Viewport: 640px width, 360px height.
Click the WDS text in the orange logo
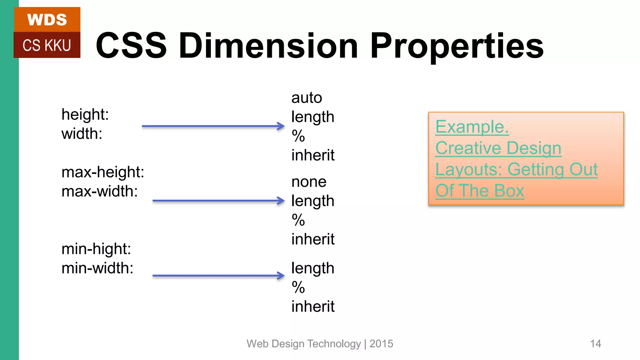coord(47,20)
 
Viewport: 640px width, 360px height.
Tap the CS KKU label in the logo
coord(47,45)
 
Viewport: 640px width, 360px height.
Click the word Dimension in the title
coord(268,46)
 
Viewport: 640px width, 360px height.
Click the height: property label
coord(85,114)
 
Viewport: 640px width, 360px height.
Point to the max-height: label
coord(103,172)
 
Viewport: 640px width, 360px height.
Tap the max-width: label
coord(99,191)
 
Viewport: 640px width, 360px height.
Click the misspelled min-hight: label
coord(96,249)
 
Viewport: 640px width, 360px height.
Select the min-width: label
coord(97,268)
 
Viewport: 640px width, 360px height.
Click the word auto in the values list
coord(307,98)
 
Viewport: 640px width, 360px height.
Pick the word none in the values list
coord(309,182)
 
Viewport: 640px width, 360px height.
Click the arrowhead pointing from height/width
coord(281,126)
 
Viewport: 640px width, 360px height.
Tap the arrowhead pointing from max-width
coord(281,201)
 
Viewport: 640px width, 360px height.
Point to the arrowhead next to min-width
coord(281,276)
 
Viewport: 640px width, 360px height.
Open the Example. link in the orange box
coord(472,127)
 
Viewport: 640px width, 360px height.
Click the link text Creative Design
coord(498,148)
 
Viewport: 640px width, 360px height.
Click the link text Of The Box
coord(480,191)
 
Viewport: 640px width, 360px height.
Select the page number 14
coord(595,344)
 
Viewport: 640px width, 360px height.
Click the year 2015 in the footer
coord(381,344)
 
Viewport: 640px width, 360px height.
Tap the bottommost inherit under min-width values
coord(313,306)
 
